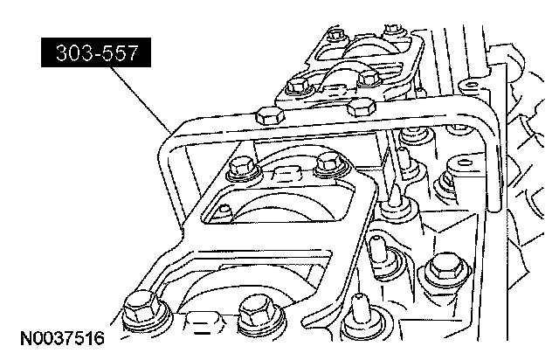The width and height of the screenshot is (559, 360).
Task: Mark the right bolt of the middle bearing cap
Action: coord(329,162)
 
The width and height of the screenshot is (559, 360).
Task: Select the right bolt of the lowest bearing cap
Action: coord(254,308)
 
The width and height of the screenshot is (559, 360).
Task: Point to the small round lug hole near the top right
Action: coord(468,86)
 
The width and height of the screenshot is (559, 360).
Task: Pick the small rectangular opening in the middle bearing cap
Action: coord(225,208)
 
